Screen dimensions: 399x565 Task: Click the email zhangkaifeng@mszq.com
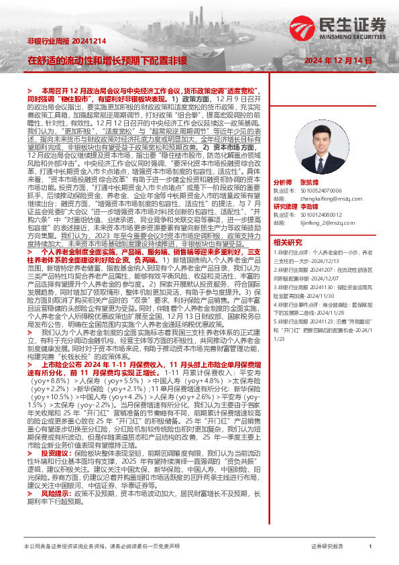pyautogui.click(x=329, y=199)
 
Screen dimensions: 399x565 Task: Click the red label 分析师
pyautogui.click(x=283, y=183)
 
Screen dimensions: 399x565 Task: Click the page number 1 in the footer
pyautogui.click(x=370, y=548)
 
